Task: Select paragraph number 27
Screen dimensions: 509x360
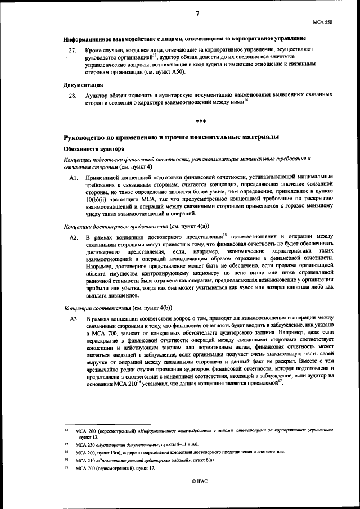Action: click(x=71, y=50)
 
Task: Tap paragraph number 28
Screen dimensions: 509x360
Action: click(x=71, y=96)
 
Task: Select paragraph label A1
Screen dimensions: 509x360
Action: click(x=73, y=177)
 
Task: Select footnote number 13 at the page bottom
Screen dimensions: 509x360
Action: click(x=66, y=429)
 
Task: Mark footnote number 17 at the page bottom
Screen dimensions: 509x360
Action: click(x=66, y=468)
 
